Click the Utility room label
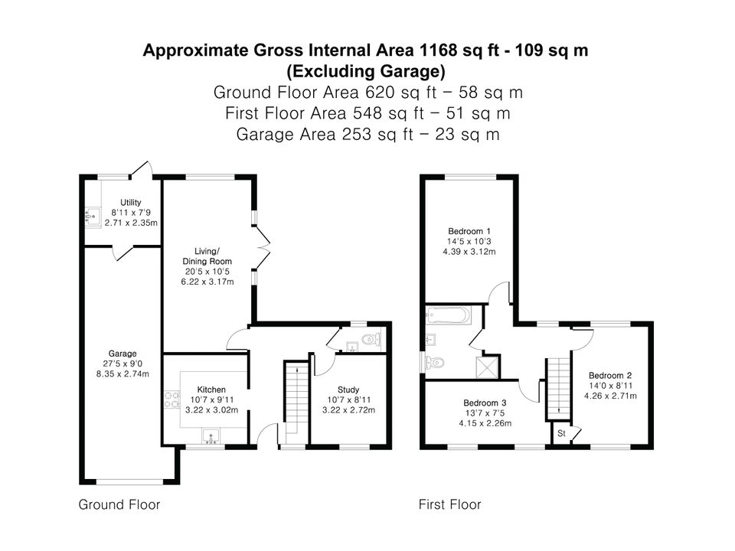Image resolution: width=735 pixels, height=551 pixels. (130, 202)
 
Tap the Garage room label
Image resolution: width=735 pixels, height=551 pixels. (122, 354)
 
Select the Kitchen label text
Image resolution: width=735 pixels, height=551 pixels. (211, 390)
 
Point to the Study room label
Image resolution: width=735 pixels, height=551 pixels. (348, 390)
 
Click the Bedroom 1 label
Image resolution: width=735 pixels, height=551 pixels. (469, 231)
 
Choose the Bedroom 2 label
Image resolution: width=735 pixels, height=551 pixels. (610, 375)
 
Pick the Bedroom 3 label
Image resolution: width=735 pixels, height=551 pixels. (485, 403)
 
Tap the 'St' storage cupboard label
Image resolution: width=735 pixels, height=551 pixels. (561, 434)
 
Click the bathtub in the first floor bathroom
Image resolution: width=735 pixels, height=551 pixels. (449, 315)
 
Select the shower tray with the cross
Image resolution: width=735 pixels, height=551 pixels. (487, 367)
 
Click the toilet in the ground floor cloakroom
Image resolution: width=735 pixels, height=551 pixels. (372, 338)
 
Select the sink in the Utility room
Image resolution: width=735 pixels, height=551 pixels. (93, 217)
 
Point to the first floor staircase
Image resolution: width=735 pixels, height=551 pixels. (558, 389)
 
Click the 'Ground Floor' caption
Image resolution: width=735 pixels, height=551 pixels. (119, 504)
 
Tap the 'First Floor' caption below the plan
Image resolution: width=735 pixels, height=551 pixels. (449, 504)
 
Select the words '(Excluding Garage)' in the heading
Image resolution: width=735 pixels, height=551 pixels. (366, 71)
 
